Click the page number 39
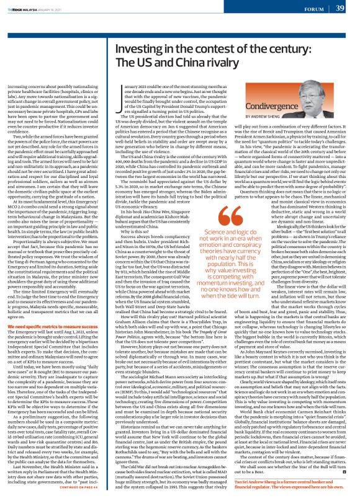point(341,8)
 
